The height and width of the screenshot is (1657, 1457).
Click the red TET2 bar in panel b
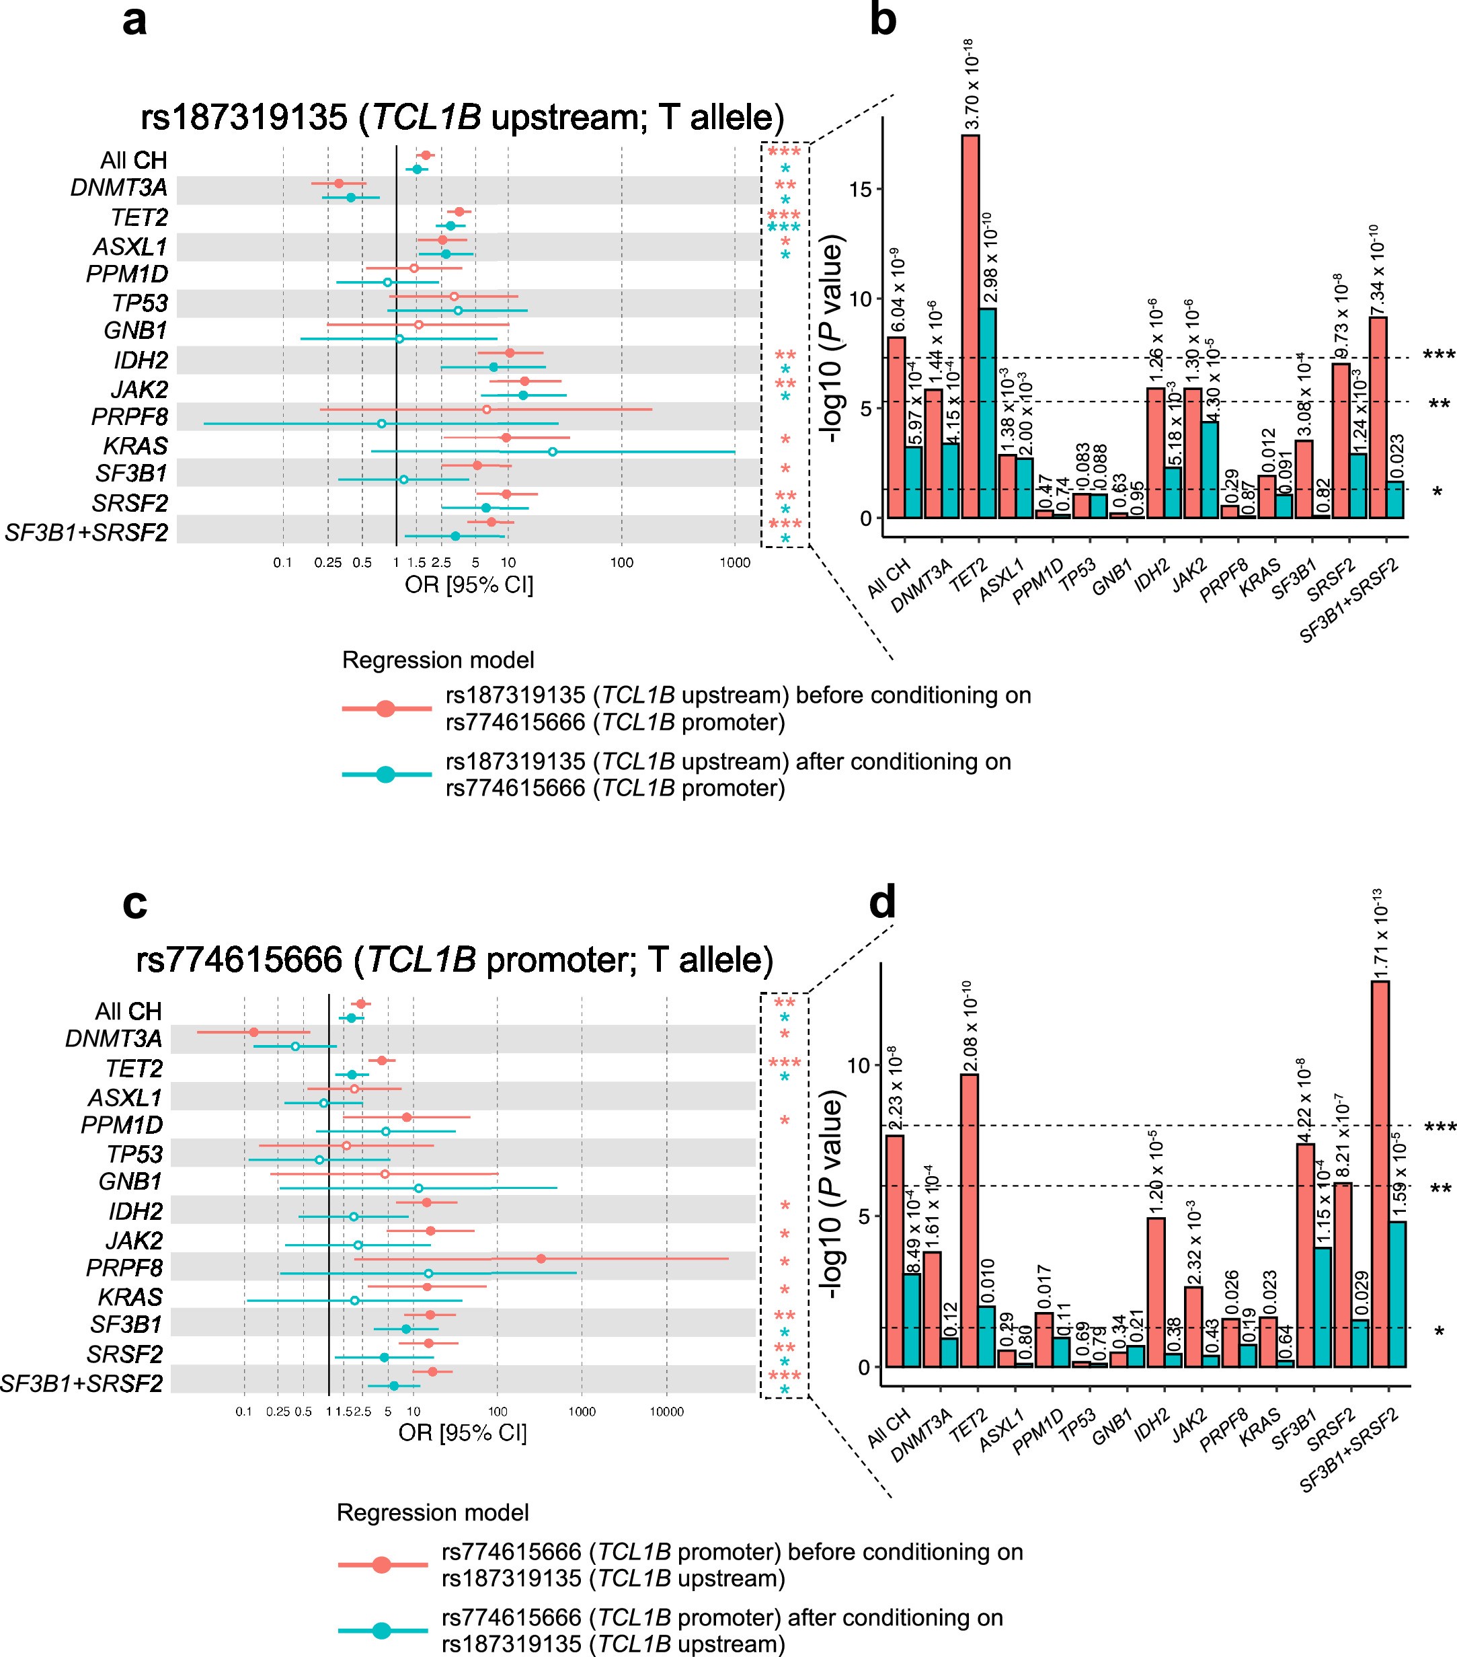tap(970, 324)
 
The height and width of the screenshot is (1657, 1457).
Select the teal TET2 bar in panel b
tap(987, 414)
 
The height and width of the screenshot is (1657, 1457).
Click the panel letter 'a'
tap(134, 20)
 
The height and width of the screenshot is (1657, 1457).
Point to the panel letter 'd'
tap(882, 902)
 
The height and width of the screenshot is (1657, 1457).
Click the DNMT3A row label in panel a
tap(119, 188)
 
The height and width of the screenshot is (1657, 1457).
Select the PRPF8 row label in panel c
tap(123, 1267)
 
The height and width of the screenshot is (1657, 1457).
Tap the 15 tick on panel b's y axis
tap(861, 190)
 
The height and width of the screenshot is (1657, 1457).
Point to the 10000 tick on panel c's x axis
tap(666, 1412)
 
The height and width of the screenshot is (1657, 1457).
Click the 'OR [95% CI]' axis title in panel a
tap(469, 584)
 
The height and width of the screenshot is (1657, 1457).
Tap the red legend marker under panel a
tap(386, 709)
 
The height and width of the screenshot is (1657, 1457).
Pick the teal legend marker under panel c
tap(382, 1630)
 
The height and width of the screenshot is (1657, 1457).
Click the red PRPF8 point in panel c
tap(541, 1259)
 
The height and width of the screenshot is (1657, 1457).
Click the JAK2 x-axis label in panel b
tap(1189, 576)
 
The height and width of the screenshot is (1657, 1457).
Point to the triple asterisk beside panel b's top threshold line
tap(1439, 355)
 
